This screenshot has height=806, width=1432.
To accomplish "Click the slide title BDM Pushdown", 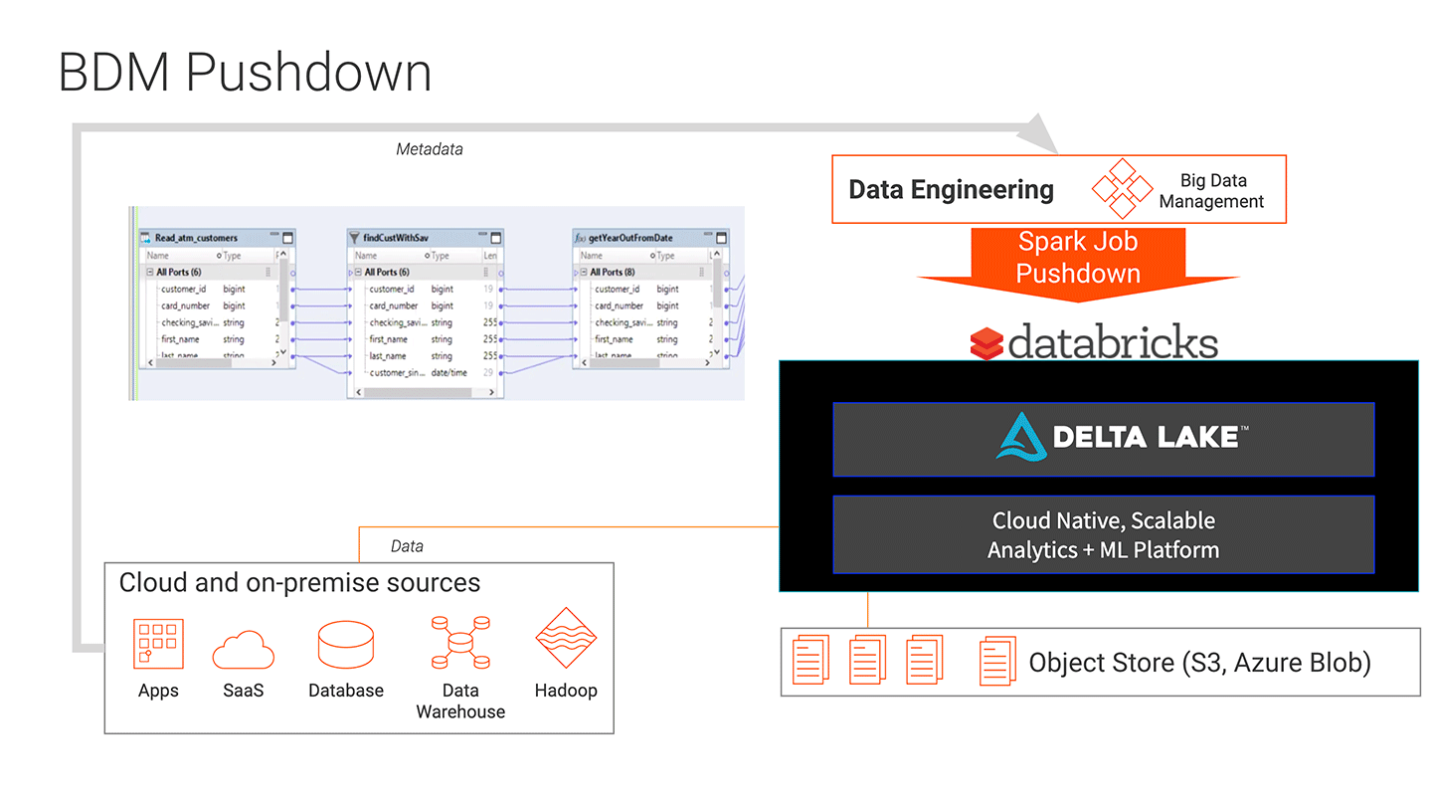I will pos(245,74).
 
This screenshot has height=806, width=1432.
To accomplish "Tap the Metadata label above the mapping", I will pos(429,149).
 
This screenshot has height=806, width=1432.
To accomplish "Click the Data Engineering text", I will pos(951,189).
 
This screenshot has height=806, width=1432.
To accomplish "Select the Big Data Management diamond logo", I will pos(1122,188).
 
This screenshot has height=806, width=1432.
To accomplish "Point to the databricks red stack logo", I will pos(986,343).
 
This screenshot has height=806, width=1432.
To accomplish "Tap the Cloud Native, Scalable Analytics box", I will pos(1103,535).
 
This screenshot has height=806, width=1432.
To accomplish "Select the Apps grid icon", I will pos(158,644).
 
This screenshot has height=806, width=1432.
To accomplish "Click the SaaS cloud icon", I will pos(243,649).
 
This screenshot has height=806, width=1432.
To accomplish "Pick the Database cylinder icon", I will pos(346,645).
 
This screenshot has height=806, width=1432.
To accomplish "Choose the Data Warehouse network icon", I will pos(459,643).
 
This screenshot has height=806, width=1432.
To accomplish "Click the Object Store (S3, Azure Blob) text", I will pos(1199,663).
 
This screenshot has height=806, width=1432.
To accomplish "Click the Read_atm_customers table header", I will pos(197,238).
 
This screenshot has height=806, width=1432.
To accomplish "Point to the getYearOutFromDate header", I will pos(630,238).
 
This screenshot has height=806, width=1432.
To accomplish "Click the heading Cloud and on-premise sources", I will pos(299,582).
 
